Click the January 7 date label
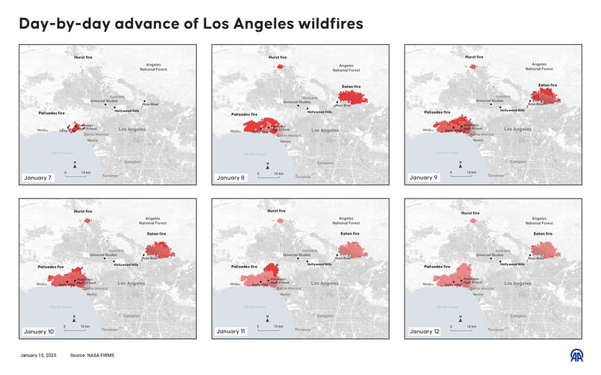pos(35,177)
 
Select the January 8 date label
pos(229,177)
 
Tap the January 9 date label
pos(422,177)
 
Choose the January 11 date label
pos(230,331)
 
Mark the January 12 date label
pos(423,331)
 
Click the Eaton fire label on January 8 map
pos(351,86)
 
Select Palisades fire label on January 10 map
pos(52,267)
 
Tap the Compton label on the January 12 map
pos(518,316)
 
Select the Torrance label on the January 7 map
pos(111,176)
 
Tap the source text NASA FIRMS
pos(92,355)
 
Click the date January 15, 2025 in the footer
pos(38,355)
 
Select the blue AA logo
pos(576,356)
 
